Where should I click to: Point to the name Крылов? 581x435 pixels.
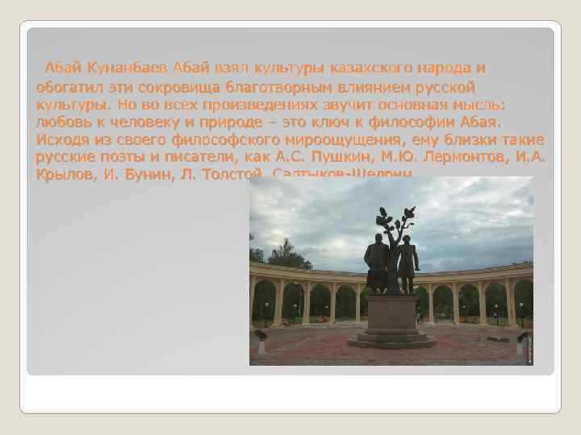coord(62,173)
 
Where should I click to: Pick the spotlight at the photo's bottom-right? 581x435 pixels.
coord(520,342)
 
